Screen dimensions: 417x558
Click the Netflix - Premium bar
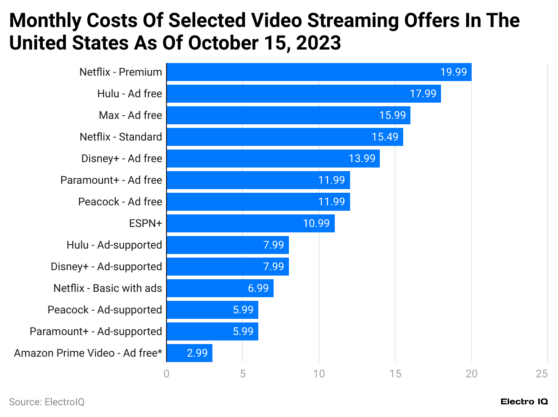(319, 72)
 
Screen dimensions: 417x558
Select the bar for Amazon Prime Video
(189, 353)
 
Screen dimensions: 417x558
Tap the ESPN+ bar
(250, 223)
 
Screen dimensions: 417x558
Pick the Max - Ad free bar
(288, 115)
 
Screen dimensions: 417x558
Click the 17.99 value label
(423, 94)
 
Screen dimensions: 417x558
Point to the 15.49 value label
(385, 137)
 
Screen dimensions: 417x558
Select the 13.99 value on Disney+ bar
(362, 159)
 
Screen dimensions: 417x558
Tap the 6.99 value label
(258, 288)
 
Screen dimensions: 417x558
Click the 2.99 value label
(197, 353)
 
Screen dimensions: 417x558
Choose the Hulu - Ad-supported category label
(114, 245)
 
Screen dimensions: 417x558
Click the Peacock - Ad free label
(120, 202)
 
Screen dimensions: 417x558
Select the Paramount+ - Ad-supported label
(96, 331)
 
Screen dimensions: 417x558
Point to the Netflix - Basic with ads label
(108, 288)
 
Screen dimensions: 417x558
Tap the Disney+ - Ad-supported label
(106, 267)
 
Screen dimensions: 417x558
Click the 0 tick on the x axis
(166, 373)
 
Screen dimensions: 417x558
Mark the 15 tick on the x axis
(395, 373)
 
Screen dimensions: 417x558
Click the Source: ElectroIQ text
(47, 402)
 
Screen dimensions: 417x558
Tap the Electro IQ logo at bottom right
(524, 402)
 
